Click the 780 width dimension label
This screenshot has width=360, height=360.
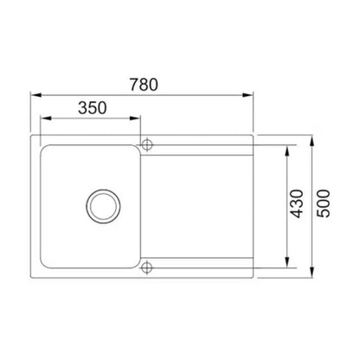click(x=144, y=85)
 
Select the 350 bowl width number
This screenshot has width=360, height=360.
click(x=93, y=108)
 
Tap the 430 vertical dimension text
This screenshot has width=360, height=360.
click(x=297, y=203)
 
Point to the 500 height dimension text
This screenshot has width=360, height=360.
click(x=323, y=203)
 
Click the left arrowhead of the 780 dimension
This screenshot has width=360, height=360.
click(x=36, y=95)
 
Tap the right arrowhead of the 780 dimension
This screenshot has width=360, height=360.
click(x=247, y=95)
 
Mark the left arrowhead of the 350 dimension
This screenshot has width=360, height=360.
click(x=46, y=119)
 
